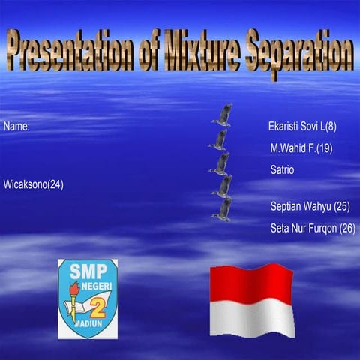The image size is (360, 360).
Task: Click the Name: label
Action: (x=16, y=127)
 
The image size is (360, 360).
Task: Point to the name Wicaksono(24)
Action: (x=34, y=184)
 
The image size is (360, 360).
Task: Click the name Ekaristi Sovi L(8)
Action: (x=302, y=127)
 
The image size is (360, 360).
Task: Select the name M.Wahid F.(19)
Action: (x=301, y=148)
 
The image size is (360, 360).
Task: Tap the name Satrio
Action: (x=282, y=170)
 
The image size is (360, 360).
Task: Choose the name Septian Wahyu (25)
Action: (x=310, y=206)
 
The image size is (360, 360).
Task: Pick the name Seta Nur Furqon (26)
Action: (x=313, y=228)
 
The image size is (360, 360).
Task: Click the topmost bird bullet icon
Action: (x=222, y=115)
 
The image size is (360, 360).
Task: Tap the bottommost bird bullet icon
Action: (x=223, y=209)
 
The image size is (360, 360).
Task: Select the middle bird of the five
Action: (x=221, y=163)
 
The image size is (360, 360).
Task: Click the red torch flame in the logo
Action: (x=74, y=289)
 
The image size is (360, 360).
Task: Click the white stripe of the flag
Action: (x=250, y=318)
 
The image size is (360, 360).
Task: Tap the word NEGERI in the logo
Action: (x=95, y=285)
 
